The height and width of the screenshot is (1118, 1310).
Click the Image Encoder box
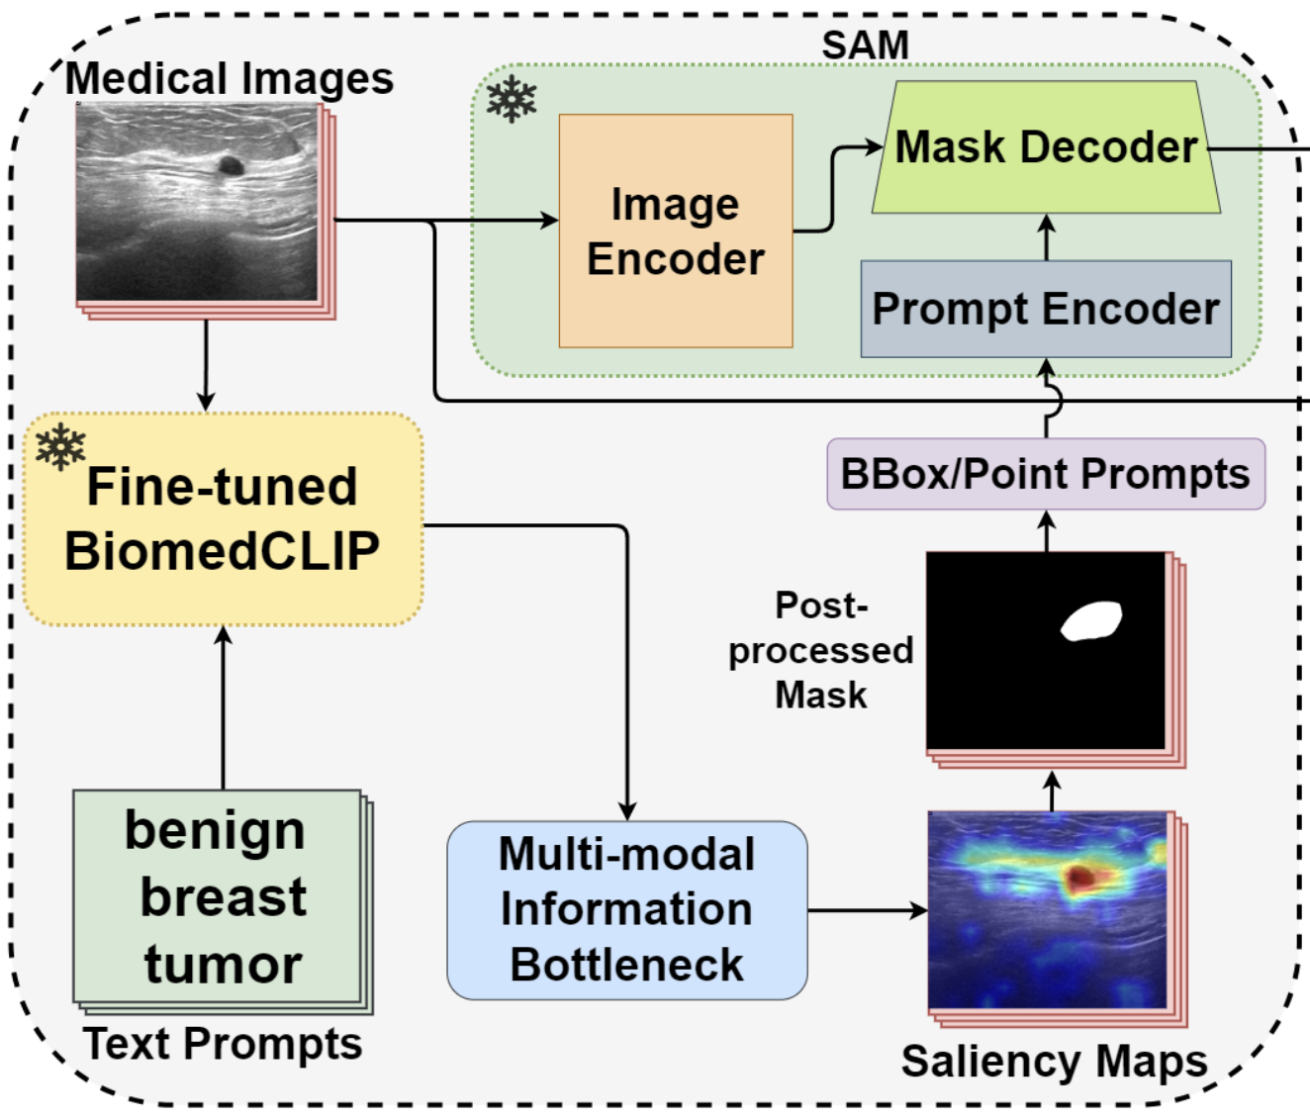point(676,232)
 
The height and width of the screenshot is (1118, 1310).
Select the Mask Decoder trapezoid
point(1046,147)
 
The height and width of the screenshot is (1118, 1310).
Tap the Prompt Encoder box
point(1046,309)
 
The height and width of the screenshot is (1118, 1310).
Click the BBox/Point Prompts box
point(1046,474)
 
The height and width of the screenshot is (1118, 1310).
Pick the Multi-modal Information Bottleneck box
point(626,909)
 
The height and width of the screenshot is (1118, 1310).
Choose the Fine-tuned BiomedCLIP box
point(223,519)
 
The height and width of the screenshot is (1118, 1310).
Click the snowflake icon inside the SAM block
point(512,99)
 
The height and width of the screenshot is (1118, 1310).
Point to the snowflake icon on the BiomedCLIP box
point(60,447)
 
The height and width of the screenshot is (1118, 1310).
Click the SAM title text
point(865,46)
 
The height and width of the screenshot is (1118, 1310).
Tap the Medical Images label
point(230,79)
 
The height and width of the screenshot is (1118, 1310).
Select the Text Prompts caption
point(223,1044)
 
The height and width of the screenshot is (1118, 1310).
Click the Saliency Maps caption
point(1054,1061)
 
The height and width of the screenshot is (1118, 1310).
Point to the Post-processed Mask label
point(820,650)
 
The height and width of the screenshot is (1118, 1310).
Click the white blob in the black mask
point(1091,620)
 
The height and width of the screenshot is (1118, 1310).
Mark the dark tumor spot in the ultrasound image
point(230,166)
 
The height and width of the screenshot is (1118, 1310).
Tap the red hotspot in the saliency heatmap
point(1079,876)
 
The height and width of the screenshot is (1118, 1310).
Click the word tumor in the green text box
point(223,964)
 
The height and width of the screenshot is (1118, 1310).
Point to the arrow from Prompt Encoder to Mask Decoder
point(1047,236)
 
